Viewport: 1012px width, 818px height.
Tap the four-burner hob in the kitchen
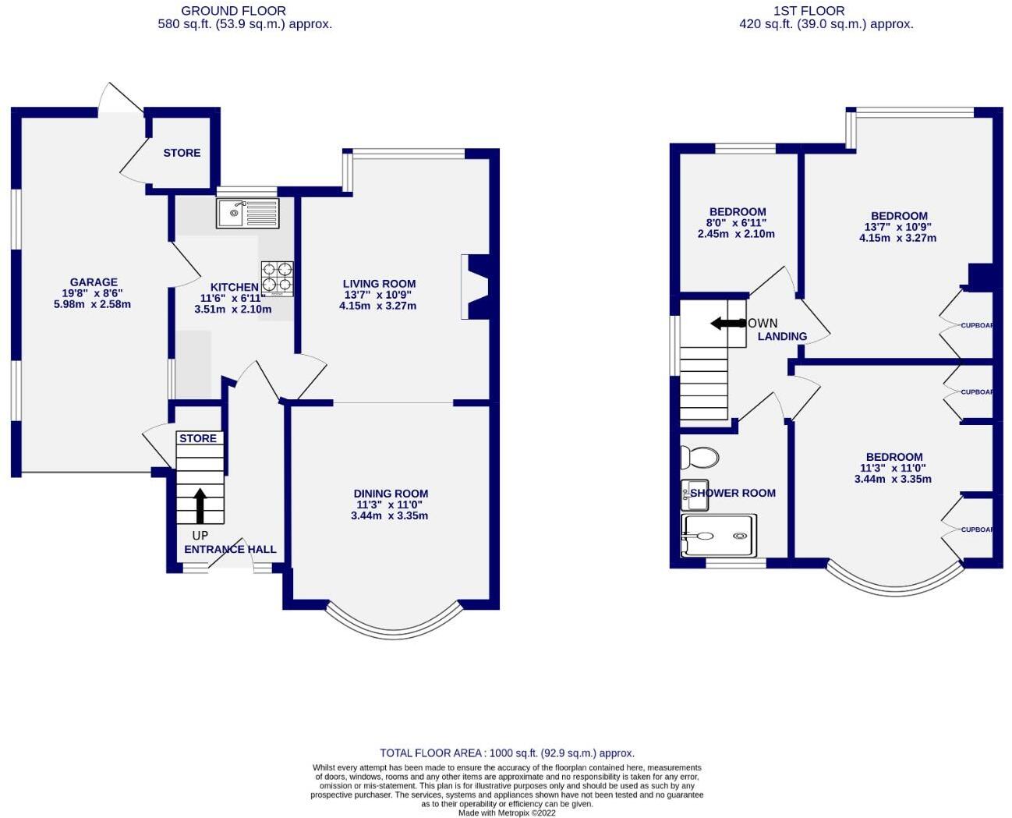(x=278, y=278)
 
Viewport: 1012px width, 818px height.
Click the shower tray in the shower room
(x=719, y=535)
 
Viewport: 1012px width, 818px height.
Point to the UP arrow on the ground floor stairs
(x=200, y=505)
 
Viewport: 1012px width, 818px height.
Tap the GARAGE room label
(x=94, y=282)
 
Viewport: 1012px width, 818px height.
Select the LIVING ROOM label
(x=379, y=284)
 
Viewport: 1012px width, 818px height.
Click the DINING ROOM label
(x=391, y=494)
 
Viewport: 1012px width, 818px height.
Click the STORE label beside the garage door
(x=182, y=153)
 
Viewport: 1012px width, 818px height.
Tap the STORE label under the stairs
(x=198, y=438)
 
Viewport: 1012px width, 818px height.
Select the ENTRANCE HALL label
(x=230, y=549)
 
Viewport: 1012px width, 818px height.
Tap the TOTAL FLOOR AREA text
(x=507, y=753)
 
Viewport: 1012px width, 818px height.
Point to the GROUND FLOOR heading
(x=233, y=11)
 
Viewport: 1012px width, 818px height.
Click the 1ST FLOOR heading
(x=809, y=11)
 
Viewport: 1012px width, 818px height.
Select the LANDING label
(x=782, y=336)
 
